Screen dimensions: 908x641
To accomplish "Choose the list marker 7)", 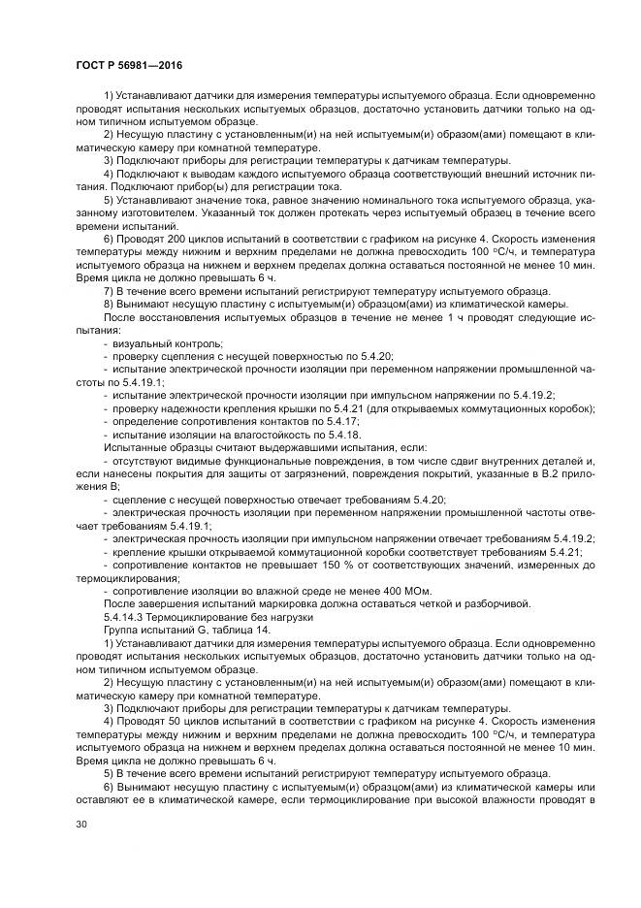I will tap(109, 291).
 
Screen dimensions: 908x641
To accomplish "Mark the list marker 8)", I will tap(109, 304).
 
